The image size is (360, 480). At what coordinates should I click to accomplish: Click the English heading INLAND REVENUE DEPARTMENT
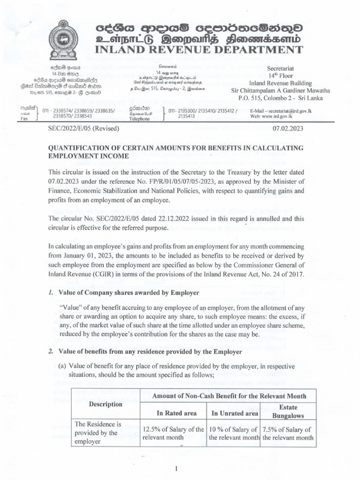(199, 50)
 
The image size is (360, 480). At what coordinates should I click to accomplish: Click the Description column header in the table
(105, 404)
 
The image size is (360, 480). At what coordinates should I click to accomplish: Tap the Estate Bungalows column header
(288, 412)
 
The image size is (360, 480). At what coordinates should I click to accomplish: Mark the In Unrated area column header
(234, 413)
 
